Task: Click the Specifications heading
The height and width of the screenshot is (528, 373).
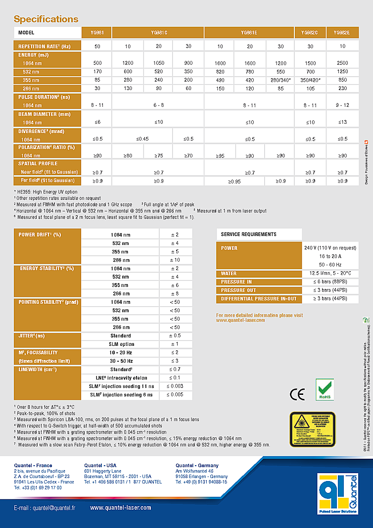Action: coord(46,19)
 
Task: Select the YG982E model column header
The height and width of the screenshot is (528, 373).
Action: coord(341,33)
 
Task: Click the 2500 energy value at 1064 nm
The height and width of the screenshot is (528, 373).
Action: coord(341,63)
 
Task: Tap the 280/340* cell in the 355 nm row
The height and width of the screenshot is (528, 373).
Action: coord(280,80)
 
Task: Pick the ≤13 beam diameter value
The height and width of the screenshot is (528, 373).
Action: coord(341,122)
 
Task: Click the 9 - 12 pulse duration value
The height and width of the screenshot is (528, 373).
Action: coord(341,105)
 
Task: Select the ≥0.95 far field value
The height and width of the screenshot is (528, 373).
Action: coord(235,181)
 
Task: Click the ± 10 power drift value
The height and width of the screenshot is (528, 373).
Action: coord(175,260)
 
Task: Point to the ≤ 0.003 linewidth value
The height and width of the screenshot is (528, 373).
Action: coord(175,386)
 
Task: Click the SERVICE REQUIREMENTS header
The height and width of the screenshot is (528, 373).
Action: coord(248,234)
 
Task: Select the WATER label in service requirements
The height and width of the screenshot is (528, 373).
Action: coord(229,274)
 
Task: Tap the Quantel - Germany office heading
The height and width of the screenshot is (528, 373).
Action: coord(197,466)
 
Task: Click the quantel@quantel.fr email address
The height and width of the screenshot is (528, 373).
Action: coord(45,508)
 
